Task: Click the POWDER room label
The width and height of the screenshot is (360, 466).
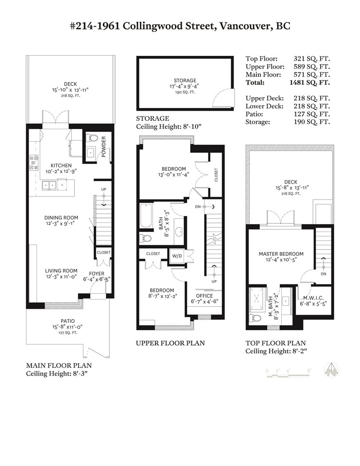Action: (103, 147)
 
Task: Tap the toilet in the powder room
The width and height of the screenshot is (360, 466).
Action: (92, 137)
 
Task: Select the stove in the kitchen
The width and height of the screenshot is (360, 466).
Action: (34, 163)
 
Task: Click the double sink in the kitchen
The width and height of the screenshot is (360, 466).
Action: (49, 185)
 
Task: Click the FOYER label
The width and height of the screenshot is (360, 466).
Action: (97, 274)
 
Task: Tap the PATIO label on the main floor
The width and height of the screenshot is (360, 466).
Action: (68, 321)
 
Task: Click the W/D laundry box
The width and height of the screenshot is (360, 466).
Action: (177, 256)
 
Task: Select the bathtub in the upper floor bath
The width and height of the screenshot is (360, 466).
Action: (146, 216)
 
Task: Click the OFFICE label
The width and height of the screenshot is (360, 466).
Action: (205, 296)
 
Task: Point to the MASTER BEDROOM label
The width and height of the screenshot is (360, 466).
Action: (281, 254)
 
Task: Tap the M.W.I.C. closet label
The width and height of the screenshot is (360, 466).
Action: (313, 298)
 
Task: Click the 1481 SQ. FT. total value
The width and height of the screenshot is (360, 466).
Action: (310, 83)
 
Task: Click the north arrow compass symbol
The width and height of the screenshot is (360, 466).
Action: (331, 370)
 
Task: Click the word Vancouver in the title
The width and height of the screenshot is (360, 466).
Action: (245, 26)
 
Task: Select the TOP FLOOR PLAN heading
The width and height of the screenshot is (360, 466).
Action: (275, 343)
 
